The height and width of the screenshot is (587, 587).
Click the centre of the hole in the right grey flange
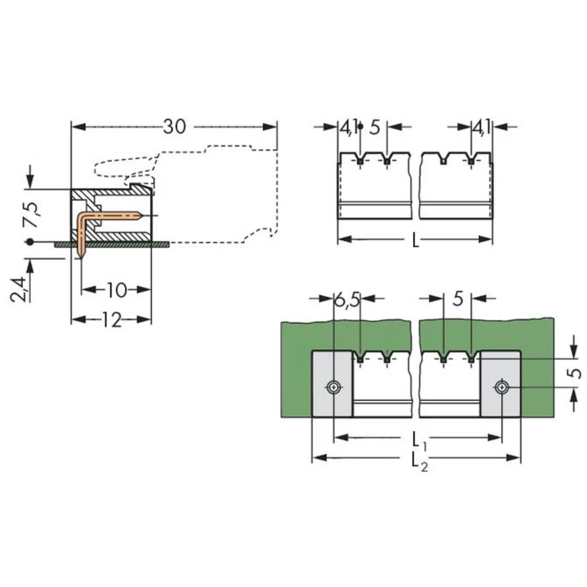click(501, 387)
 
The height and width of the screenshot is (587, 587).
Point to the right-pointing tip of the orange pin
click(142, 215)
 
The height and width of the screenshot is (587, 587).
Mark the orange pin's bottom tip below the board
click(81, 258)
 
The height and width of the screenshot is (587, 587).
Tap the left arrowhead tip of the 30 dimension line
click(72, 127)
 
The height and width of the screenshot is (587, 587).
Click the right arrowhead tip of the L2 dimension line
click(520, 457)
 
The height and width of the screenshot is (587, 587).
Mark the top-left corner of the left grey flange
click(312, 351)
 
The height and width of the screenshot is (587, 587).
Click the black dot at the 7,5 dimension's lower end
click(30, 242)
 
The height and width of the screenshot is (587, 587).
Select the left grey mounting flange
click(332, 384)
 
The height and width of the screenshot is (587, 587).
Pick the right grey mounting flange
click(500, 384)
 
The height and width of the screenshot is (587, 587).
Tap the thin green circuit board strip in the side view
click(112, 244)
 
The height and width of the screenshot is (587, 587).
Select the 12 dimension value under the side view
click(112, 320)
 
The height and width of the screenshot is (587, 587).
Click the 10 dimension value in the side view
click(116, 290)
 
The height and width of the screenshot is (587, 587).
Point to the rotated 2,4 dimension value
click(19, 289)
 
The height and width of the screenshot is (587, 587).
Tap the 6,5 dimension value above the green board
click(346, 299)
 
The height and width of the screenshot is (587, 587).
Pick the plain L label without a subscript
click(415, 240)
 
